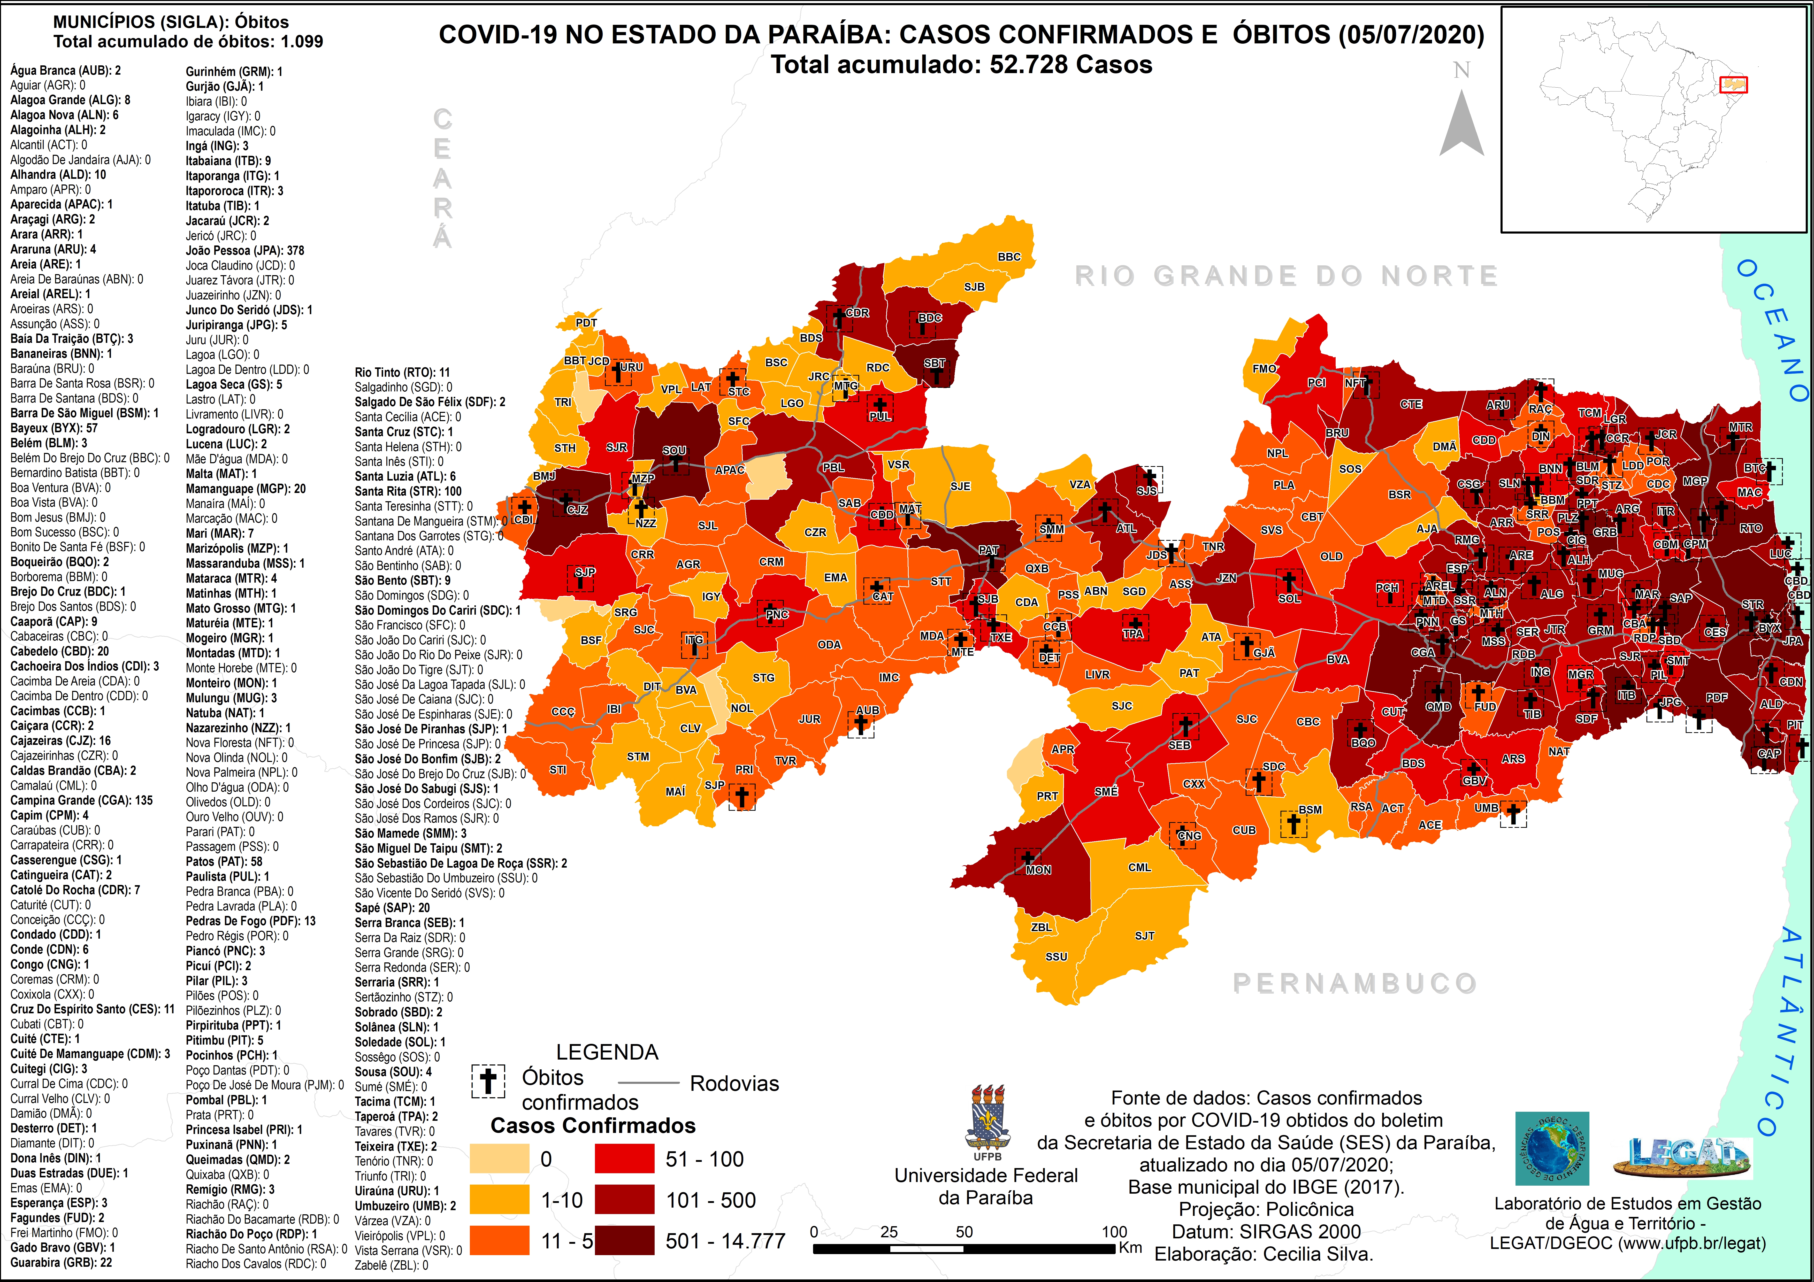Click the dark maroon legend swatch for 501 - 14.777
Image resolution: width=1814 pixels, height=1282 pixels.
click(624, 1240)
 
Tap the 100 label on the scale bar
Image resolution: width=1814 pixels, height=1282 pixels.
click(1114, 1231)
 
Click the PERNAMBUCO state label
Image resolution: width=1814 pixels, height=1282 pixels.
click(1354, 983)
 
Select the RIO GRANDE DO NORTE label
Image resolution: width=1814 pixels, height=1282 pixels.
click(1286, 276)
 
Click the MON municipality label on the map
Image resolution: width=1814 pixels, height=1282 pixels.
click(1038, 870)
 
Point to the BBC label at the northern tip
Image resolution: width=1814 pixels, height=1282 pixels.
click(1009, 257)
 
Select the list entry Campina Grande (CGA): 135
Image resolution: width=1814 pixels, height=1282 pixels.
click(81, 800)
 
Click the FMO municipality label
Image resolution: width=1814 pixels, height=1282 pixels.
click(1264, 368)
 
